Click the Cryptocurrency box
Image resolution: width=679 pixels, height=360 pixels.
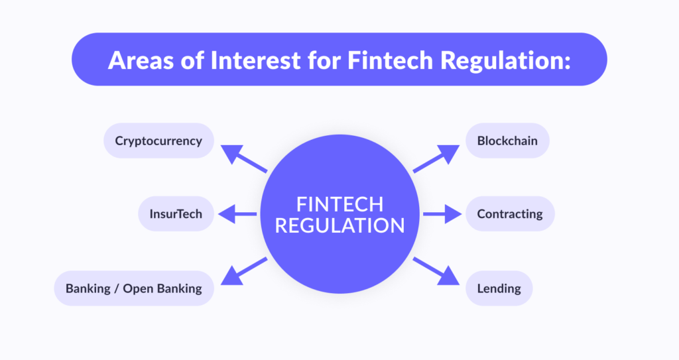158,141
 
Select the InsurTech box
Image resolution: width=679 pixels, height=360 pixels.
176,213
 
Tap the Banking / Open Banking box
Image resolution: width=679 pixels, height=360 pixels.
134,288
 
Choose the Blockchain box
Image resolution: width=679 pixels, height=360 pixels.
507,141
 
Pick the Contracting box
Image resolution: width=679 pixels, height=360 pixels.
510,213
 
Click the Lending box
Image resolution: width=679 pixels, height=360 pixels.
499,288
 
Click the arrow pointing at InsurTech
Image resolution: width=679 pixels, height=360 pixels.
237,213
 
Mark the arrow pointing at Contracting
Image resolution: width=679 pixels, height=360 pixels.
442,213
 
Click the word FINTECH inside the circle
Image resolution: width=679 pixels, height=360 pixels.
339,204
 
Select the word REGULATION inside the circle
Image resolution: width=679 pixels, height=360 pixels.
339,225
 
